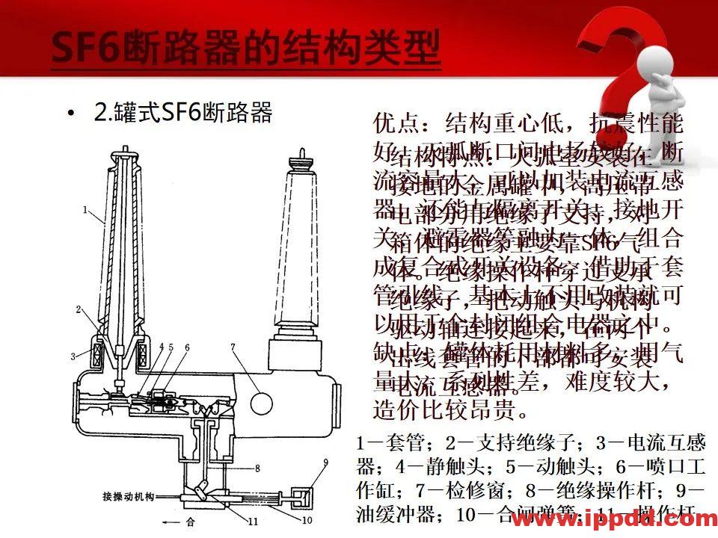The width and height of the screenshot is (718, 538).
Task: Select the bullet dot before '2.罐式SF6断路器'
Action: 71,114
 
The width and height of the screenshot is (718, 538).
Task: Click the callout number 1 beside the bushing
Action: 85,209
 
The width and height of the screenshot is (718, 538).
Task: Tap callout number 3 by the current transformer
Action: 74,356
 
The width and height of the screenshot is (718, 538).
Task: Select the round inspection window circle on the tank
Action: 261,403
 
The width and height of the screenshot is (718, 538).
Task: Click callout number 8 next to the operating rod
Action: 257,469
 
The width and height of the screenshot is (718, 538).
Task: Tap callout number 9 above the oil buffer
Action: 325,463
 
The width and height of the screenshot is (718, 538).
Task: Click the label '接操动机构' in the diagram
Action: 128,496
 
